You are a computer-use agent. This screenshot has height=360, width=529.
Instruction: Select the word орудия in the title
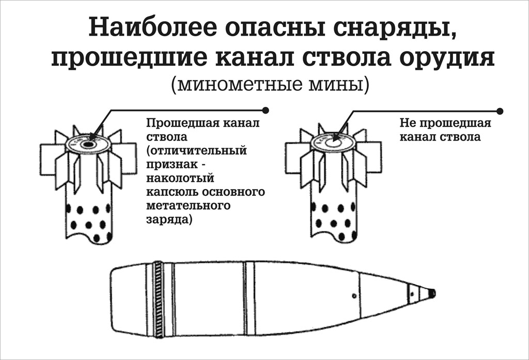447,57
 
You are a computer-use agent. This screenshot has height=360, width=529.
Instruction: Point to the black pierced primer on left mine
88,145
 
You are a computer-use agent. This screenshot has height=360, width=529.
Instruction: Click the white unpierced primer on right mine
333,143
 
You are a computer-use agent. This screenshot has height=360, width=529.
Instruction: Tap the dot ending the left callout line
266,111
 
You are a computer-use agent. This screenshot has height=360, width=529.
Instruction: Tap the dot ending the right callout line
500,111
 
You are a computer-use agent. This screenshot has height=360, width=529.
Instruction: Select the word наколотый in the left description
180,178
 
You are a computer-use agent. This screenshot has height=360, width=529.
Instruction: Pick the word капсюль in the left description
170,192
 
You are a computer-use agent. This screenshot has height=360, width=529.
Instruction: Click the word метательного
188,206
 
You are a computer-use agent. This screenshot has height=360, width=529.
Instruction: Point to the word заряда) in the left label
169,220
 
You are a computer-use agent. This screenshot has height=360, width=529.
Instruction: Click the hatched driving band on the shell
158,299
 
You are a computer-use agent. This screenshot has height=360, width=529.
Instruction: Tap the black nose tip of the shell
432,293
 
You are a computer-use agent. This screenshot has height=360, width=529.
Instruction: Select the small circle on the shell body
354,296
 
